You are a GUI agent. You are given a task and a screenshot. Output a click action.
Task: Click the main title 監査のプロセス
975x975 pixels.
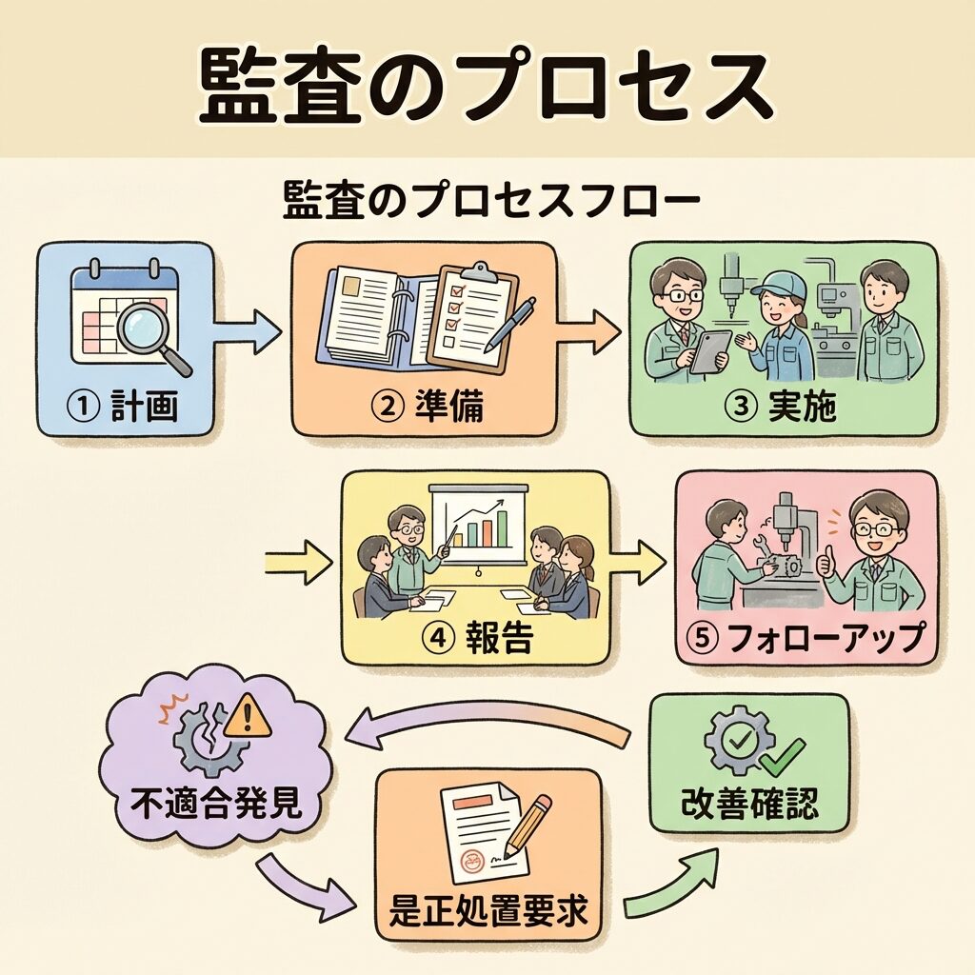pos(486,84)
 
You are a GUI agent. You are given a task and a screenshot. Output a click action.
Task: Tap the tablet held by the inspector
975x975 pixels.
pos(710,351)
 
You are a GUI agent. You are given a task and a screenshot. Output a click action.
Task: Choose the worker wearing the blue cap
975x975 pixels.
pos(779,324)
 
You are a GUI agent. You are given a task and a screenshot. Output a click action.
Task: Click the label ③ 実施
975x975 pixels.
pos(782,408)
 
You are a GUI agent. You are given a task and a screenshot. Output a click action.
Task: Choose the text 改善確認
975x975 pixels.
pos(748,806)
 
